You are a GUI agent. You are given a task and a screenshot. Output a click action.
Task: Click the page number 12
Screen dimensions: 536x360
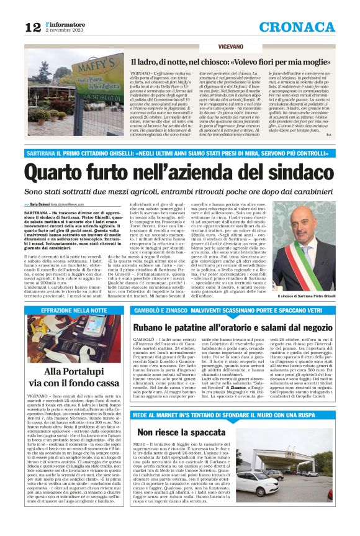pyautogui.click(x=34, y=27)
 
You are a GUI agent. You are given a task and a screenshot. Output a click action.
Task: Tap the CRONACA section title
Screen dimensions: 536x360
pyautogui.click(x=297, y=27)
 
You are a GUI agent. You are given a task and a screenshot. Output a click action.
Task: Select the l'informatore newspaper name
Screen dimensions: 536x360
pyautogui.click(x=65, y=24)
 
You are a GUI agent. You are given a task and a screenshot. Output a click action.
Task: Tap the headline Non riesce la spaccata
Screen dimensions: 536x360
pyautogui.click(x=174, y=432)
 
